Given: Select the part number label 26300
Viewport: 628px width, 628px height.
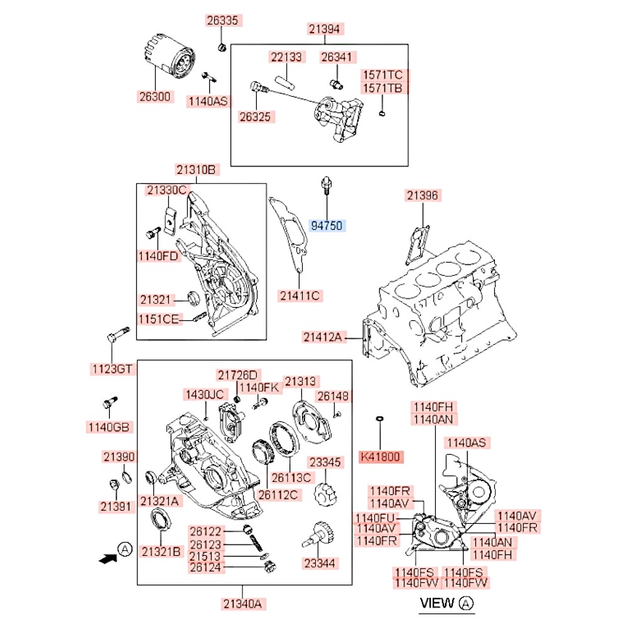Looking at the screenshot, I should pos(154,97).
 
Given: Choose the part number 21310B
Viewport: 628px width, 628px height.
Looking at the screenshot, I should pos(197,170).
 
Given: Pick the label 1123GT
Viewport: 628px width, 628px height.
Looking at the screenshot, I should pos(112,369).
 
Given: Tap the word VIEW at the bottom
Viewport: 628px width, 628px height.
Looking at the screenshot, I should pos(436,604).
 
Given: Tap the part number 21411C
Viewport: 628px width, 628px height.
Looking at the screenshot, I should pos(300,295).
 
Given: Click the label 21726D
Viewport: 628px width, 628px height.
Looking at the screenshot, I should pos(238,375).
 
